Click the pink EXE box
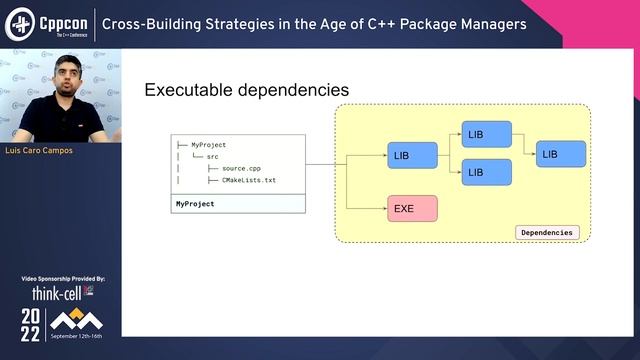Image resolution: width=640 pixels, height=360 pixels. (412, 209)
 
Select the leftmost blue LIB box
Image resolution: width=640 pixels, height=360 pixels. (412, 156)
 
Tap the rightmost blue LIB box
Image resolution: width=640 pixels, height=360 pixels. (562, 154)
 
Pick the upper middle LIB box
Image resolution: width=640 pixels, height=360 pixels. (487, 135)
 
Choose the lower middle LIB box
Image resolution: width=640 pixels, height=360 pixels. (487, 172)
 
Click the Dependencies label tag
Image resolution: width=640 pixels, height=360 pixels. (547, 232)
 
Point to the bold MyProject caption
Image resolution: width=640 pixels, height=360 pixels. (195, 204)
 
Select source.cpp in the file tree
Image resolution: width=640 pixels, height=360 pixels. (241, 168)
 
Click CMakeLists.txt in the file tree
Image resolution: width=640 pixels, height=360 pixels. (248, 180)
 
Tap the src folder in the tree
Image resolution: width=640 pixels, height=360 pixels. (212, 157)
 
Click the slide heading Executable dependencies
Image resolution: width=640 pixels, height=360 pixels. (246, 90)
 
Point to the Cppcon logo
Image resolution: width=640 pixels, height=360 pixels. (50, 23)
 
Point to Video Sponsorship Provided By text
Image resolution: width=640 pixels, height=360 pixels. (62, 279)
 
